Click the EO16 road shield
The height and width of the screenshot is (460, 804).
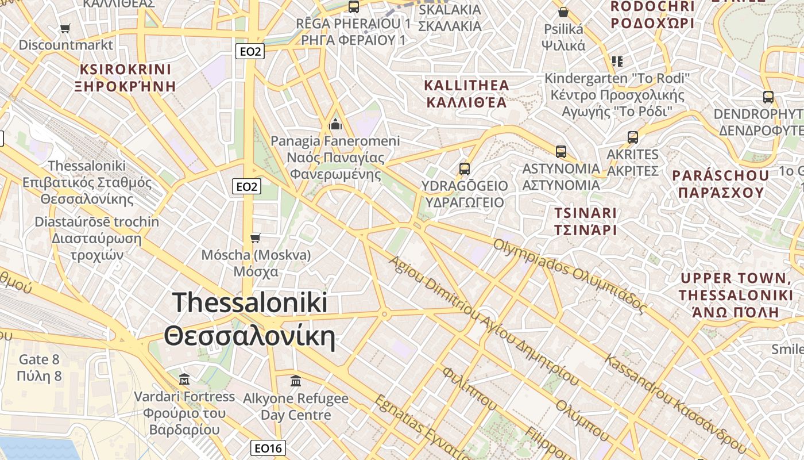coord(269,448)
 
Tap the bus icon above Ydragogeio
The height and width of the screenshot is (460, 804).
coord(465,169)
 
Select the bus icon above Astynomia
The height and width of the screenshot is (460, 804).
coord(561,152)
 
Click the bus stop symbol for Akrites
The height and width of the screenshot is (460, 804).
coord(633,137)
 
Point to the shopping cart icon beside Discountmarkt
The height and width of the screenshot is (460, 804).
coord(65,28)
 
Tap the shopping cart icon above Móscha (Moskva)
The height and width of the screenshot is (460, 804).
coord(256,238)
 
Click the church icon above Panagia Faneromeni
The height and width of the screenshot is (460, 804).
coord(335,124)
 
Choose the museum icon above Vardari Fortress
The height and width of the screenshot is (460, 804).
coord(184,379)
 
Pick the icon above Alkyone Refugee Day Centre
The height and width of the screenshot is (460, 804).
coord(296,381)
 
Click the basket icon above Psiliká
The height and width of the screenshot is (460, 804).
coord(563,12)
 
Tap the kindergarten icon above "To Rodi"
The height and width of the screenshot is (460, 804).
coord(617,61)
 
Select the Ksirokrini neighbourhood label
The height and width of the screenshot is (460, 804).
coord(126,78)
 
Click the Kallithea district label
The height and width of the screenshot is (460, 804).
coord(466,94)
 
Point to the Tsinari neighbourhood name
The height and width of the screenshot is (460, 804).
coord(585,221)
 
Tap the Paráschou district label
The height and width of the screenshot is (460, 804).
coord(721,184)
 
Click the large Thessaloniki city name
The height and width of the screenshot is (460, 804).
coord(250,320)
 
